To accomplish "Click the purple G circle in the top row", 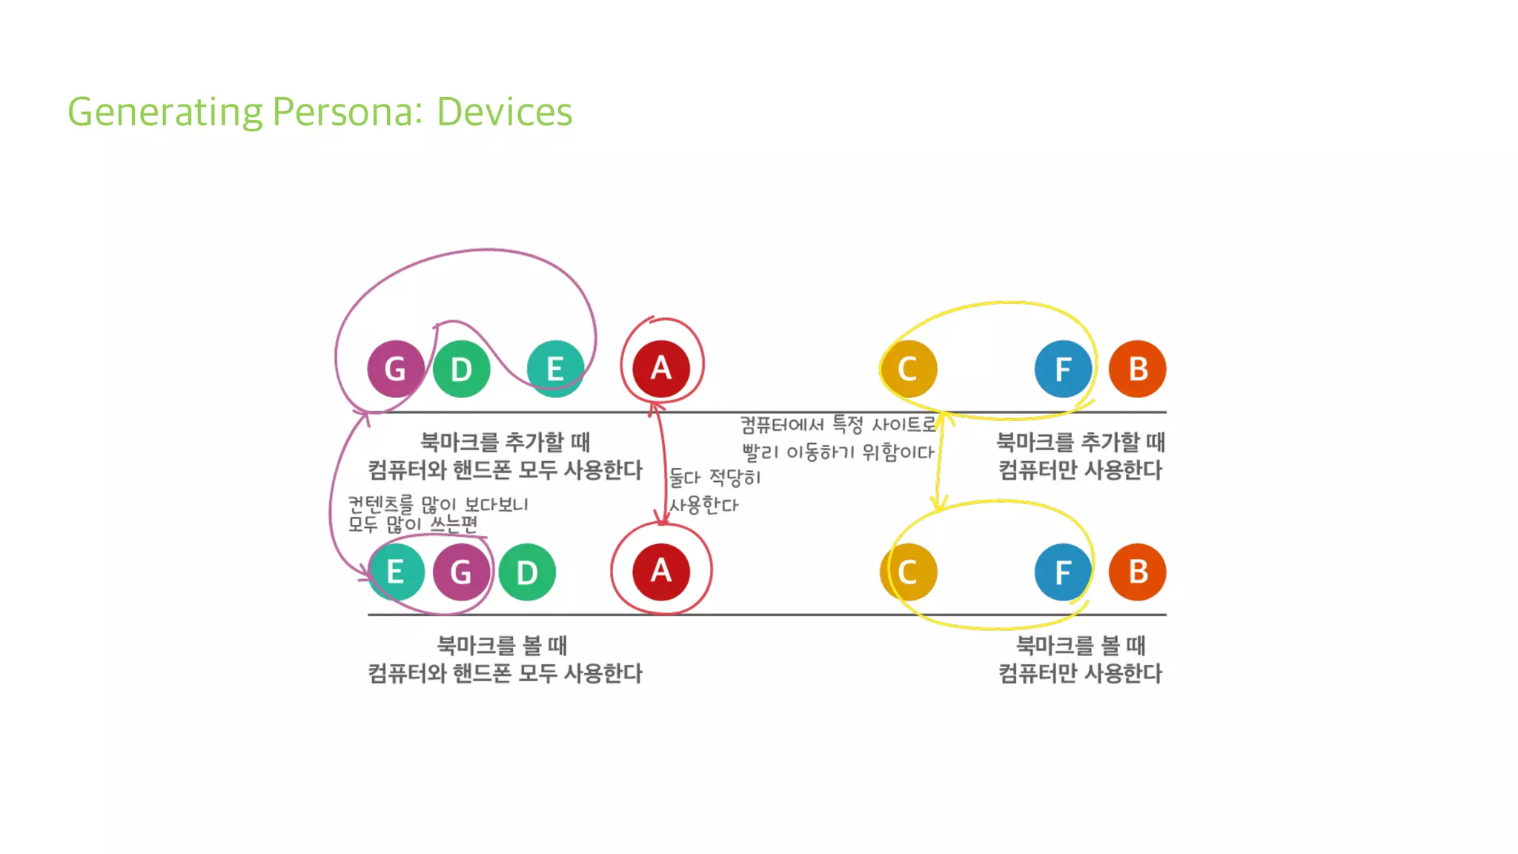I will (x=395, y=368).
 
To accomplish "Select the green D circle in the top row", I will (x=461, y=368).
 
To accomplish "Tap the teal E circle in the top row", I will (x=555, y=368).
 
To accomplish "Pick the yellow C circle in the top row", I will (x=908, y=368).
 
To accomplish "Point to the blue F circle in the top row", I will (x=1063, y=368).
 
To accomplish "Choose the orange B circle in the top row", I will (x=1138, y=368).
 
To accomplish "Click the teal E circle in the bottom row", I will (x=396, y=572).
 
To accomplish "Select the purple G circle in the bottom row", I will (x=461, y=572).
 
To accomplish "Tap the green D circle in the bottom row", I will (x=527, y=572).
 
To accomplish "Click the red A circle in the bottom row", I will (x=661, y=571).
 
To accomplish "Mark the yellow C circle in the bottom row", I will (x=908, y=572).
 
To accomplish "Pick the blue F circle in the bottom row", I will (x=1063, y=572).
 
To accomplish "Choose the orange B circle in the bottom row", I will (x=1138, y=572).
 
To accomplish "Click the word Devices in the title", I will (x=504, y=112).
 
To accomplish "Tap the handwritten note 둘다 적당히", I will (x=715, y=477).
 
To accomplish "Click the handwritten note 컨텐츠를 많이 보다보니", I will (x=437, y=504).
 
